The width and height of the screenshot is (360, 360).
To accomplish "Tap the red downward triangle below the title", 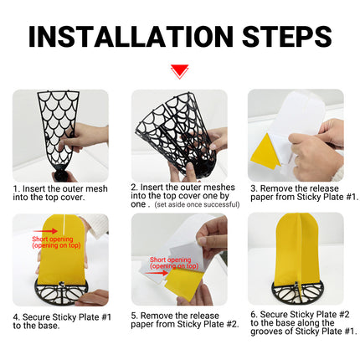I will (179, 71).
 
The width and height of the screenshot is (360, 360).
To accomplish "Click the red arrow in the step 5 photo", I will (158, 272).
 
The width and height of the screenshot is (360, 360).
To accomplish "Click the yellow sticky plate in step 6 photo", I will (296, 248).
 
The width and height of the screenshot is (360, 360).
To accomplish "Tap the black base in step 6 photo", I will (296, 292).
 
